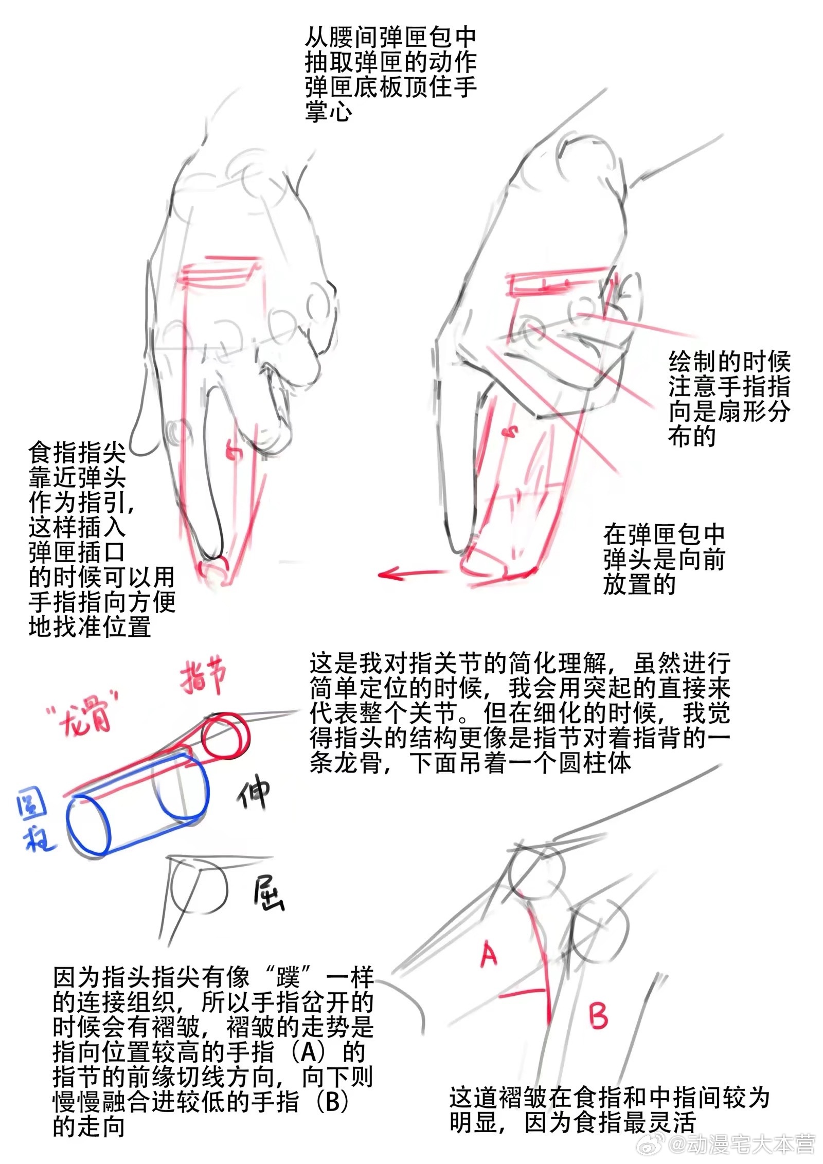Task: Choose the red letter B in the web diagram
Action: [598, 1015]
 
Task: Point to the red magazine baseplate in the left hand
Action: [217, 271]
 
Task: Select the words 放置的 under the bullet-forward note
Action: [639, 584]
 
